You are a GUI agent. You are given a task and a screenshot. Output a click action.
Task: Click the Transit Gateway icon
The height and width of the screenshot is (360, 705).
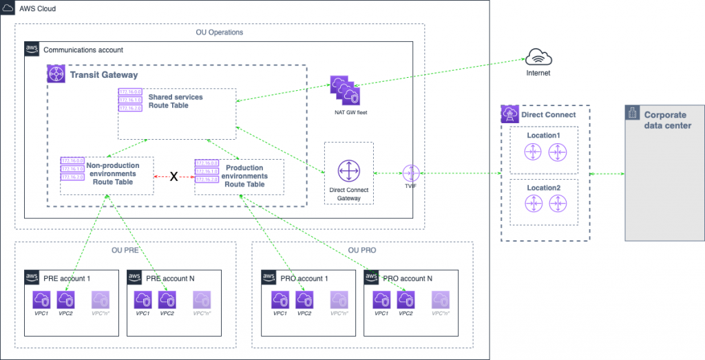pyautogui.click(x=56, y=74)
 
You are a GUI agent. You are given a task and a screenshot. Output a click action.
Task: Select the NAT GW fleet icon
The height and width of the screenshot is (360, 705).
pyautogui.click(x=344, y=89)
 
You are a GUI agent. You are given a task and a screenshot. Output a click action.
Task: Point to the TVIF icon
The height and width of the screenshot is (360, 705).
pyautogui.click(x=412, y=173)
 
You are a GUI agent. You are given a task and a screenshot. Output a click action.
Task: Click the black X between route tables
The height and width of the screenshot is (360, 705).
pyautogui.click(x=174, y=177)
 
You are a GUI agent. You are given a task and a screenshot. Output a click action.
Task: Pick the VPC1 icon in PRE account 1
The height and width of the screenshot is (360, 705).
pyautogui.click(x=42, y=299)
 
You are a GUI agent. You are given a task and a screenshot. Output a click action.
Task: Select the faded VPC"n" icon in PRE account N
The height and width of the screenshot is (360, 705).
pyautogui.click(x=201, y=299)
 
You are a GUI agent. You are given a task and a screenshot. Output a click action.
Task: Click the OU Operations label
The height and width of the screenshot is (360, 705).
pyautogui.click(x=220, y=32)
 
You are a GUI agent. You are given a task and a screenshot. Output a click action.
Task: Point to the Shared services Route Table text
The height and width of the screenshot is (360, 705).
pyautogui.click(x=174, y=101)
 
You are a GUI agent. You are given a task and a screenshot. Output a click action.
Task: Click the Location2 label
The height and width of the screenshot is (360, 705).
pyautogui.click(x=544, y=187)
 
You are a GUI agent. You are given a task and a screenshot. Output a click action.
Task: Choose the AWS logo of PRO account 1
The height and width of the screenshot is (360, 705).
pyautogui.click(x=269, y=277)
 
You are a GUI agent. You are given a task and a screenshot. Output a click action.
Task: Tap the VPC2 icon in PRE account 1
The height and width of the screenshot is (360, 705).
pyautogui.click(x=65, y=299)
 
